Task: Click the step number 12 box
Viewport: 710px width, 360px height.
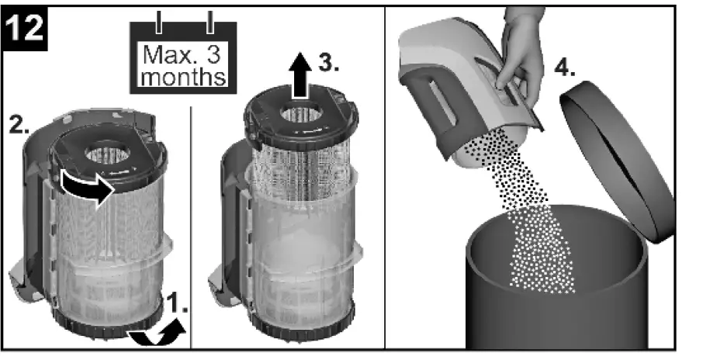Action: pos(25,30)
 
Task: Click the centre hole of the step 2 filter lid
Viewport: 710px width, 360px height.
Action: pos(106,151)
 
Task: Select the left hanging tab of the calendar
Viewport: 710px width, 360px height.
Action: pos(159,22)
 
